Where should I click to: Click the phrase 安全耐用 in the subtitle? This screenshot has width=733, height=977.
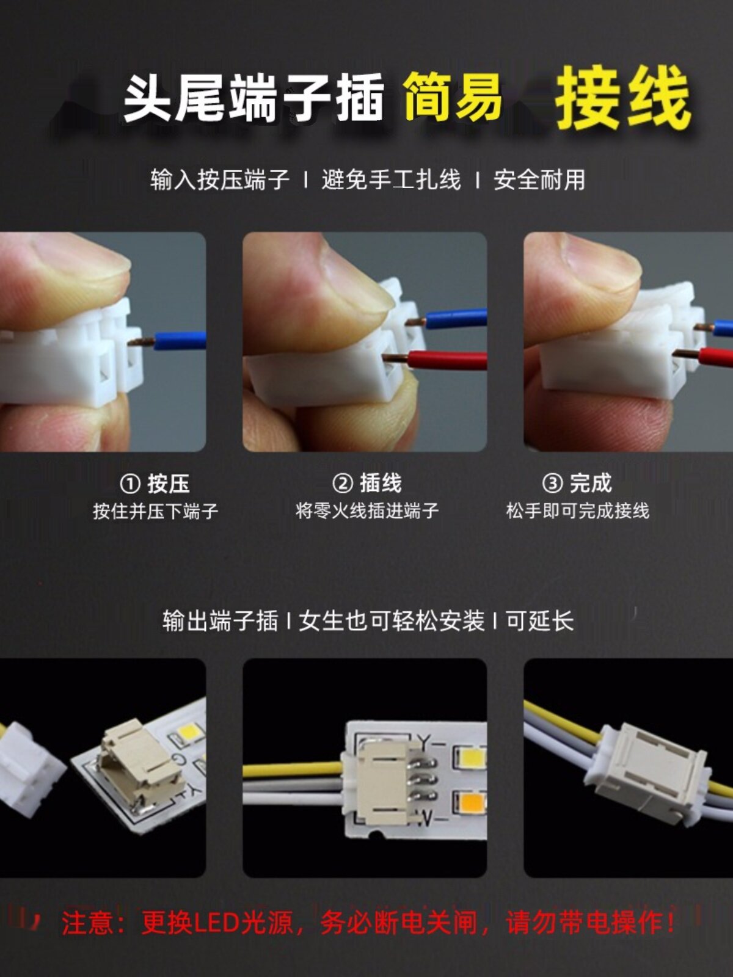[539, 180]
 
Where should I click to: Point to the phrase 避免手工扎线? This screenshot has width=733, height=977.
[391, 180]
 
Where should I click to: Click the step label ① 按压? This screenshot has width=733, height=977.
[155, 484]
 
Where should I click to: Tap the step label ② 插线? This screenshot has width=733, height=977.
[367, 484]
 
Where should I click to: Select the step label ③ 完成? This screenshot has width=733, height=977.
[577, 484]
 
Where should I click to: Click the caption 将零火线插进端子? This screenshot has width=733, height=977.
[367, 511]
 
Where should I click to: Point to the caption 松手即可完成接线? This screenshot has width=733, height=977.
[577, 511]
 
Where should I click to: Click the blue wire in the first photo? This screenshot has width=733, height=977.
[180, 341]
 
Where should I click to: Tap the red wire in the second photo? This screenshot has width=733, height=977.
[447, 360]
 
